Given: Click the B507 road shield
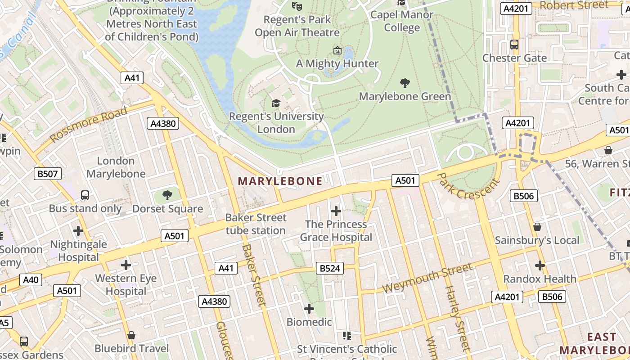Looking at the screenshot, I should [x=47, y=173].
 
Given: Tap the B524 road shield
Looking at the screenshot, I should [x=329, y=269].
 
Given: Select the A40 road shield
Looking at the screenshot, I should [x=31, y=280].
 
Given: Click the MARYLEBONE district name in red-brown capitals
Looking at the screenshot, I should [x=280, y=181].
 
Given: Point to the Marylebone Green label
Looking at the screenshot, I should [x=405, y=96].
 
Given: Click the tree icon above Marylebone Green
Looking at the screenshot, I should [x=405, y=83].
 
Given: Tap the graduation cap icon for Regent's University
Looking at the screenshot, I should [x=275, y=103].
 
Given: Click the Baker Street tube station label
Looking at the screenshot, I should [x=256, y=224].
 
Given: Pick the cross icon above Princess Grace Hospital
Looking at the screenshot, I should [x=336, y=211].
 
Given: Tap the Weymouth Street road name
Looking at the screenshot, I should [x=427, y=278].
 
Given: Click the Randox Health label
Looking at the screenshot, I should [x=540, y=279].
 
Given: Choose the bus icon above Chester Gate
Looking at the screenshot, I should [x=514, y=45].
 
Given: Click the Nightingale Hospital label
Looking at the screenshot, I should [x=78, y=251].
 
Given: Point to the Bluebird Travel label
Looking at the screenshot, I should [x=131, y=348].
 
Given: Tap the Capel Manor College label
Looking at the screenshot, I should [x=402, y=21].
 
